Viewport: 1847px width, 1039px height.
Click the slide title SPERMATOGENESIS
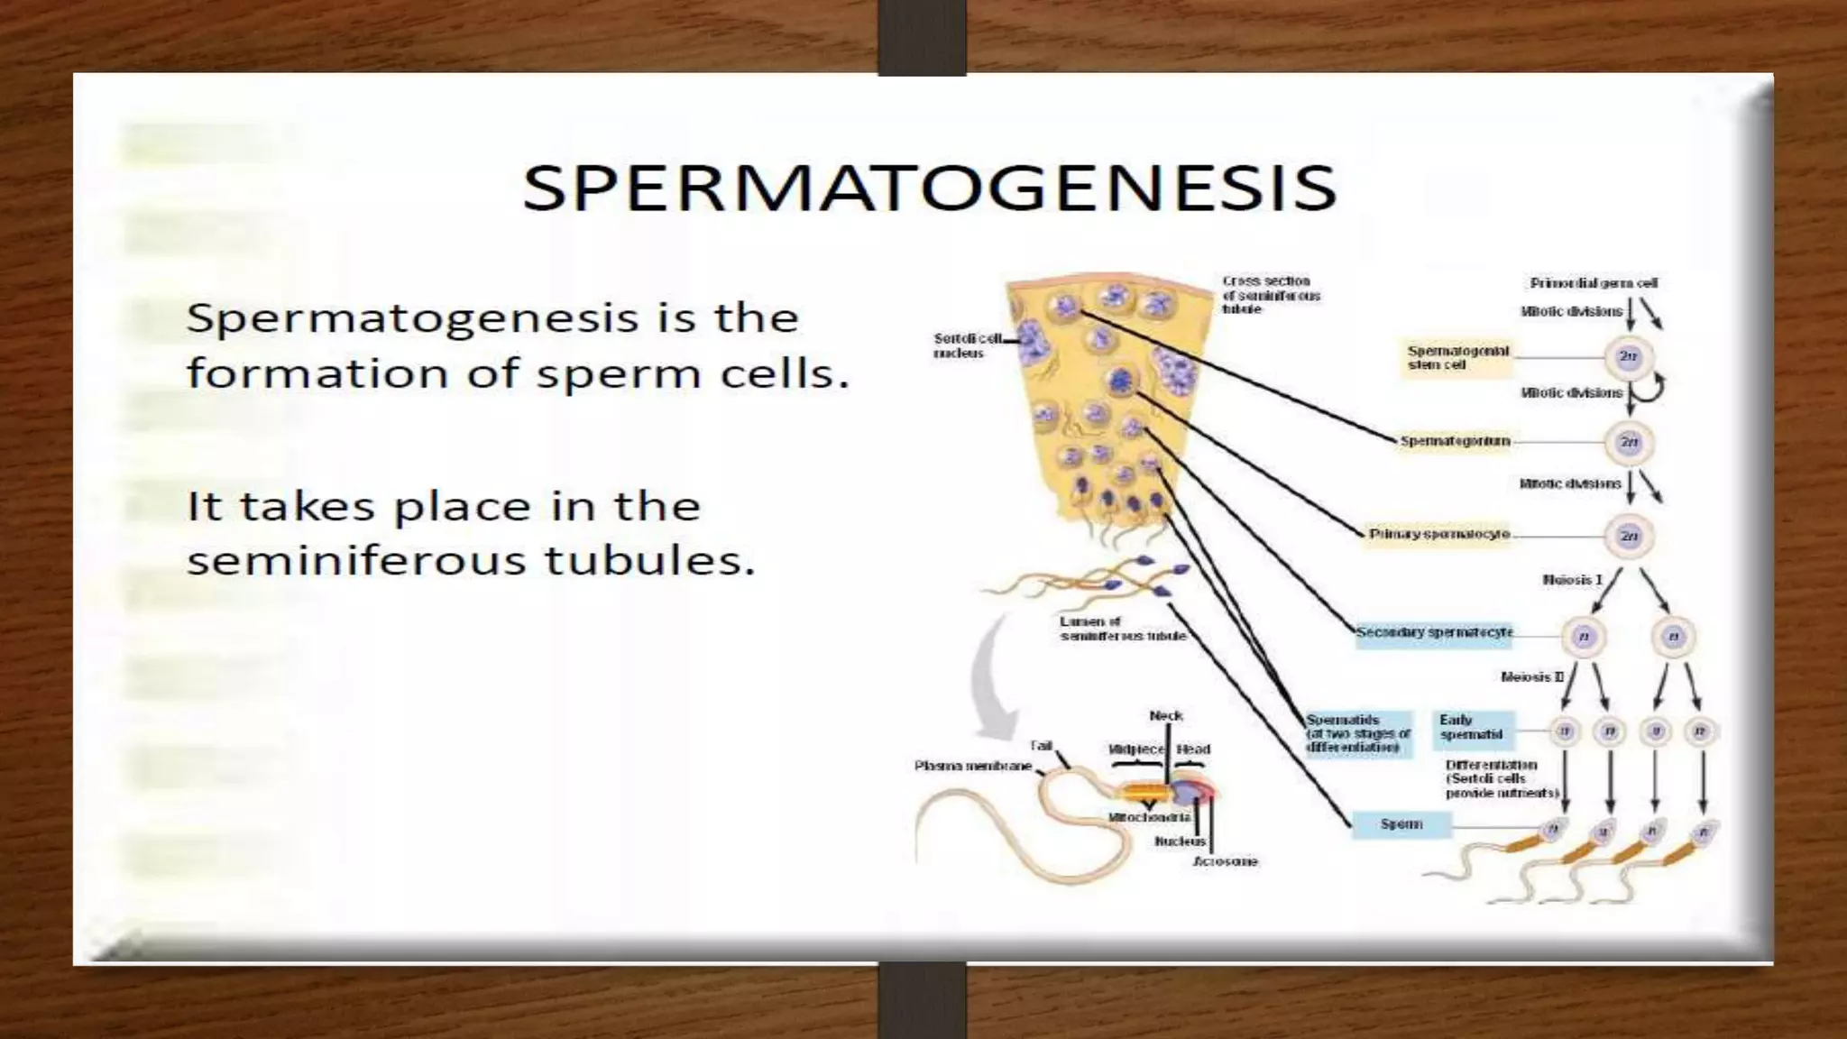click(929, 188)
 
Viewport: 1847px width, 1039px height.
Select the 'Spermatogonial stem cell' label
click(1457, 358)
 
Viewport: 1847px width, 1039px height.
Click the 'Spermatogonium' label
click(1454, 441)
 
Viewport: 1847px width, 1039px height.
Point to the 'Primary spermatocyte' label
click(1438, 534)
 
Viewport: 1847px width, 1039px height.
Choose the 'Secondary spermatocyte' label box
click(1434, 632)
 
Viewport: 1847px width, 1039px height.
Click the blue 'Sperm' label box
click(1401, 824)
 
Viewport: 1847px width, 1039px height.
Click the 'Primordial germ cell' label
click(1593, 283)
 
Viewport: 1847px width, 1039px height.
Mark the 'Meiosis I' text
click(1572, 579)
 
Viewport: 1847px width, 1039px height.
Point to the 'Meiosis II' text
click(1531, 676)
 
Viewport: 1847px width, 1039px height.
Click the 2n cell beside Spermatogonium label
click(1629, 442)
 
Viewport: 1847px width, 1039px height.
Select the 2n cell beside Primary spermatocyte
click(1629, 536)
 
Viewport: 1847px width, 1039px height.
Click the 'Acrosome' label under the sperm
click(1225, 861)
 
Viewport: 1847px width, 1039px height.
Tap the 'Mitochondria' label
click(1149, 817)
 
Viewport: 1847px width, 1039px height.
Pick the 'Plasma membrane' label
click(972, 766)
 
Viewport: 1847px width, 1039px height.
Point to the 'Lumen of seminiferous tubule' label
click(1122, 629)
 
